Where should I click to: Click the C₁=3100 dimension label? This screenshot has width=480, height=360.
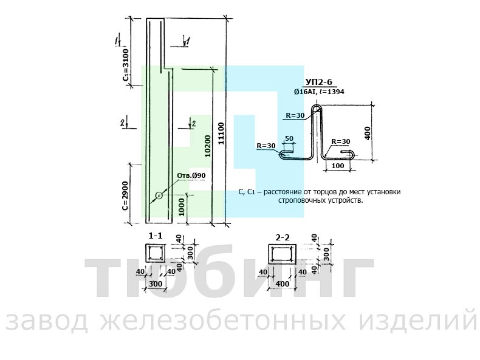[x=126, y=64]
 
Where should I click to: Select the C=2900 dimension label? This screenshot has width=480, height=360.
[x=125, y=195]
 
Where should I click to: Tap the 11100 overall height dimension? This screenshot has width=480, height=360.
[x=221, y=134]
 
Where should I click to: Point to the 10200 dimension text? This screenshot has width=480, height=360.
[x=208, y=146]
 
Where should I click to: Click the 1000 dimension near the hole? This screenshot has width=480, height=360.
[x=182, y=207]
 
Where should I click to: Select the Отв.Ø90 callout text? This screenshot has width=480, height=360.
[x=191, y=175]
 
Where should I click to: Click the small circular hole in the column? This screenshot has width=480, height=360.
[x=159, y=195]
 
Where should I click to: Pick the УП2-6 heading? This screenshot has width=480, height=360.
[x=318, y=82]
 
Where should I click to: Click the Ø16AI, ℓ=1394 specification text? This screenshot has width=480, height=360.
[x=319, y=92]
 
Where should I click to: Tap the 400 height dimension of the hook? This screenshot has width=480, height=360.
[x=368, y=133]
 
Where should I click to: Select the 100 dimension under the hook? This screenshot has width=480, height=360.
[x=338, y=166]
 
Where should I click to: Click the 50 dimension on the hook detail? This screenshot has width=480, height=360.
[x=289, y=138]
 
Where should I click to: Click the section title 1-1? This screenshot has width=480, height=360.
[x=156, y=236]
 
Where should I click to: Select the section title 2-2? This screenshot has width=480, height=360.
[x=283, y=237]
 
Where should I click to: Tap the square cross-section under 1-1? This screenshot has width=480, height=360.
[x=156, y=254]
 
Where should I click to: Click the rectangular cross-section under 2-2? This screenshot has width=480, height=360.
[x=282, y=254]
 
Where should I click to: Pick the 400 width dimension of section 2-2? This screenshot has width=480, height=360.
[x=282, y=284]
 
